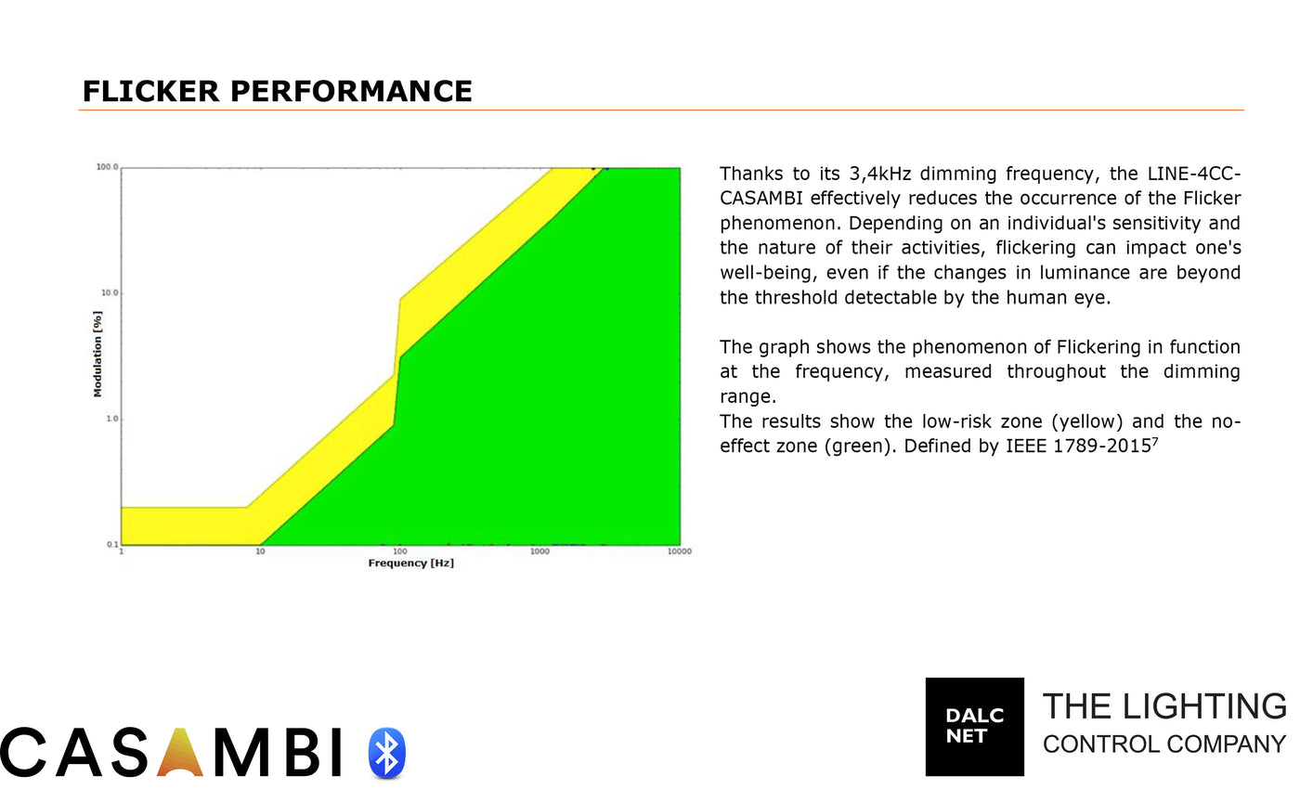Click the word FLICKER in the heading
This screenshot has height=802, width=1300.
pos(150,91)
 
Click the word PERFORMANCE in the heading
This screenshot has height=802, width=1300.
pos(351,91)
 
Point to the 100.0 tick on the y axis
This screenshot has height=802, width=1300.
pos(107,167)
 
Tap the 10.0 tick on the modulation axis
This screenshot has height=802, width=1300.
pos(110,292)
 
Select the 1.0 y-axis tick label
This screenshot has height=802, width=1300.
pos(112,419)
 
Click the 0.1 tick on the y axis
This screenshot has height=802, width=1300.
pos(112,544)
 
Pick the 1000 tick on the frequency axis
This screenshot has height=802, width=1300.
pos(539,551)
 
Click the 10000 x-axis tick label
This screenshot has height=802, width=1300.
pos(679,551)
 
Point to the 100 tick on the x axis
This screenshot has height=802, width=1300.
pos(400,551)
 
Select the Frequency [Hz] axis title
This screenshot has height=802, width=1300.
pos(410,563)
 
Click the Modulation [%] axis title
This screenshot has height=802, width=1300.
pos(97,354)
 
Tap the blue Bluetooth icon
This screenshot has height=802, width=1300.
pos(387,753)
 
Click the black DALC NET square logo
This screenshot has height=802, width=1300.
pos(974,727)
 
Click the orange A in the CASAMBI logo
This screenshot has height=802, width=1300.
pos(180,752)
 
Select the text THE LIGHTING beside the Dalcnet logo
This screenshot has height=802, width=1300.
pos(1164,706)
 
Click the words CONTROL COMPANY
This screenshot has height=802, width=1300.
pos(1164,744)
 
